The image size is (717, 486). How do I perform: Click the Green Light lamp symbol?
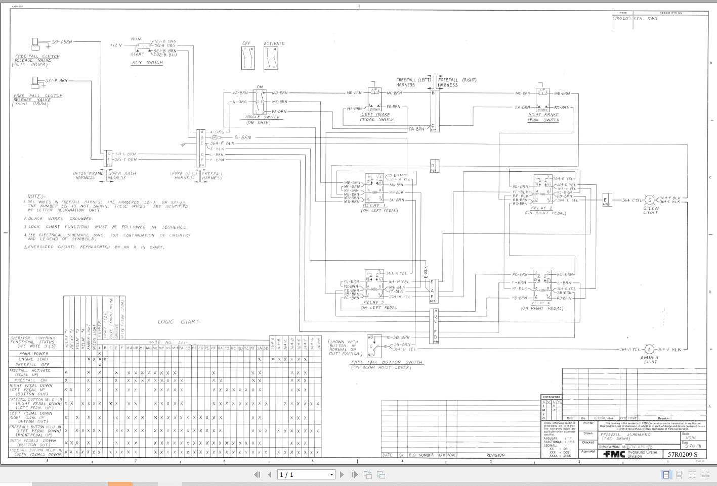[x=650, y=200]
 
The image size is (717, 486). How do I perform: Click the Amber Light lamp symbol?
[x=649, y=349]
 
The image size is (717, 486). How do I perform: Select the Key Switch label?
[x=147, y=63]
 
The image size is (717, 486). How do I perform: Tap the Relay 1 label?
[x=374, y=206]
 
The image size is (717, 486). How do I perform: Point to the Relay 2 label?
[x=541, y=208]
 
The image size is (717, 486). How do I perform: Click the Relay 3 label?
[x=374, y=302]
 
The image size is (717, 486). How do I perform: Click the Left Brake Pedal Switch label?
[x=376, y=117]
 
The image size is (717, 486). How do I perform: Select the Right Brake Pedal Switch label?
[x=543, y=117]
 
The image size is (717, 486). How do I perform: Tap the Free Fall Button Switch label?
[x=387, y=362]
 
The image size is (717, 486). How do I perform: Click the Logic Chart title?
[x=178, y=322]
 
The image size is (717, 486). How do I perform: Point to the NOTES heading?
[x=36, y=197]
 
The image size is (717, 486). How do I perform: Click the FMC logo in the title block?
[x=614, y=454]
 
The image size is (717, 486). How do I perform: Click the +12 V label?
[x=116, y=45]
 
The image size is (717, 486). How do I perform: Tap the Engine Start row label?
[x=33, y=359]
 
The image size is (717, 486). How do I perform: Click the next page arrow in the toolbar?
[x=342, y=474]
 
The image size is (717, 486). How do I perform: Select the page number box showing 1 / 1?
[x=306, y=474]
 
